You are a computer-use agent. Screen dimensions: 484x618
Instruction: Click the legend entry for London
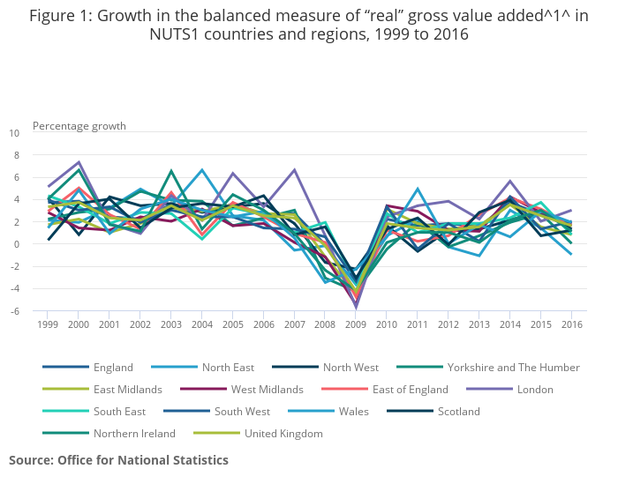click(535, 390)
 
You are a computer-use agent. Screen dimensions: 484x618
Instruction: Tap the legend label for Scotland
click(459, 412)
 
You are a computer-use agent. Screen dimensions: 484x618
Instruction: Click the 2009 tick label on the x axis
click(356, 324)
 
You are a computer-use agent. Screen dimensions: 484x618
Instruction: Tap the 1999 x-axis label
click(49, 324)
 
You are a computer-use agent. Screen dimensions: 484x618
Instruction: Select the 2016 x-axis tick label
click(571, 324)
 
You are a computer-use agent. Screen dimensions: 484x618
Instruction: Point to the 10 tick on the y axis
click(13, 133)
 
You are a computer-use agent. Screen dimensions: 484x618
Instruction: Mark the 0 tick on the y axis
click(16, 244)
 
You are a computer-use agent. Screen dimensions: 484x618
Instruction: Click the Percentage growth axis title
click(74, 125)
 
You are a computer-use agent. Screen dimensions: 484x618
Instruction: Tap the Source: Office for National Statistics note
click(118, 460)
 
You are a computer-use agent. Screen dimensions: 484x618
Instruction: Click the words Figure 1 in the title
click(63, 17)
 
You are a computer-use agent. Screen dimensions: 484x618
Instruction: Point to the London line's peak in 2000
click(79, 162)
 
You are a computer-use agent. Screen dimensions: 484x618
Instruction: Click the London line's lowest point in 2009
click(356, 309)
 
